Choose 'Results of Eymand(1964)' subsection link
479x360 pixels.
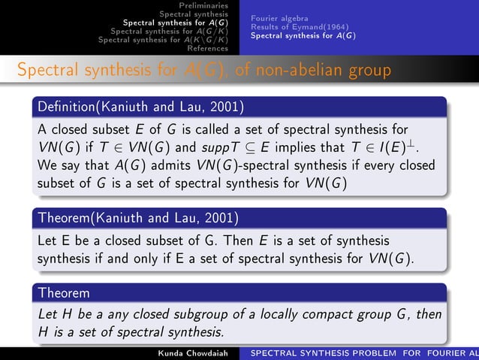(x=289, y=26)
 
